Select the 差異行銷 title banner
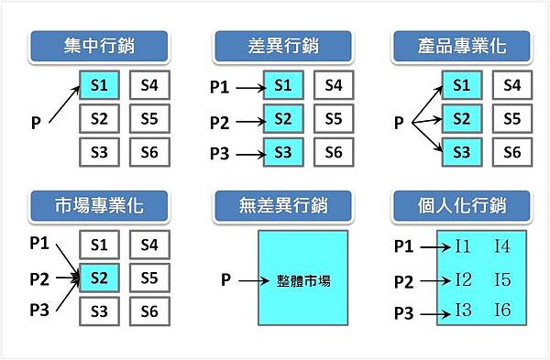(281, 45)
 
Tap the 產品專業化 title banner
(461, 45)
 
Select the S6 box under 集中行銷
(149, 152)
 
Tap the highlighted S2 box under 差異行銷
(283, 119)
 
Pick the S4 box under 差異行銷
(334, 86)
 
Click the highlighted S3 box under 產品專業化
(463, 152)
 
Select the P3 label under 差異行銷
(220, 152)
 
